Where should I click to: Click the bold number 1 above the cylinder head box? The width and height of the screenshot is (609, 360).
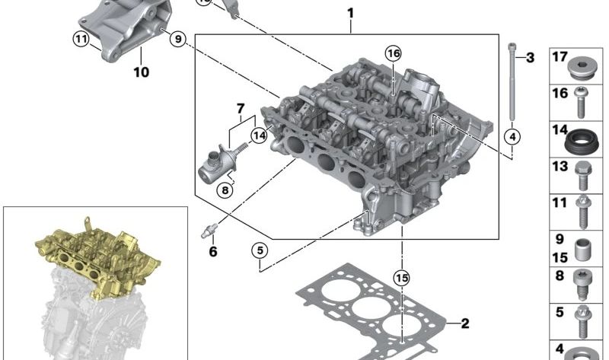(351, 14)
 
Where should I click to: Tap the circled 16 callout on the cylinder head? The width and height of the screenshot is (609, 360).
(393, 53)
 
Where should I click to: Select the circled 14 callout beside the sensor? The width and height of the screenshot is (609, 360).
(259, 135)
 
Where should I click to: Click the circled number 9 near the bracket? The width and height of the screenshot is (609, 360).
(178, 39)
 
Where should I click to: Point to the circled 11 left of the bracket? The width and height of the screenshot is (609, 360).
(81, 39)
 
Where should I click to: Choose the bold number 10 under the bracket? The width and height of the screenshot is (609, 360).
(141, 72)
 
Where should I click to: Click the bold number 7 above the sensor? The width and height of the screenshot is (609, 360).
(241, 108)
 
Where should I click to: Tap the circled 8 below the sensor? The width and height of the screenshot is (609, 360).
(225, 190)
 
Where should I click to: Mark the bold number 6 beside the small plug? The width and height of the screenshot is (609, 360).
(213, 252)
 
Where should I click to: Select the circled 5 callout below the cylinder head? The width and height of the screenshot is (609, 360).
(260, 250)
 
